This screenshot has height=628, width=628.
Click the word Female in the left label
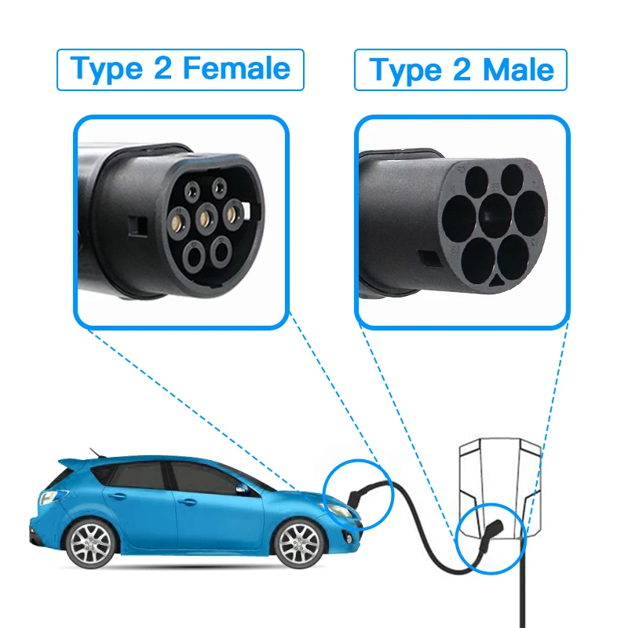pyautogui.click(x=236, y=69)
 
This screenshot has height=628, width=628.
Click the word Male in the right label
pyautogui.click(x=518, y=71)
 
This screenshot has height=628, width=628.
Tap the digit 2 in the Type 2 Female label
pyautogui.click(x=162, y=69)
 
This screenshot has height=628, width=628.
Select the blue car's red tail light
pyautogui.click(x=49, y=498)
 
